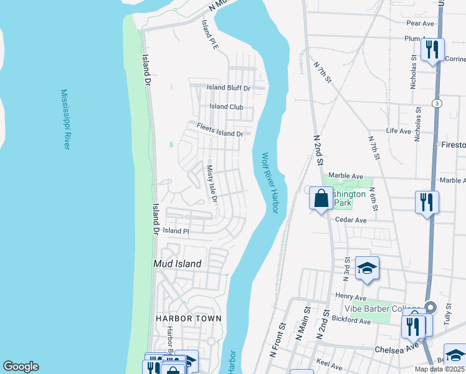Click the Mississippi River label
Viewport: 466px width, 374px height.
tap(65, 118)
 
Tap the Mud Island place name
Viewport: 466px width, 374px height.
tap(177, 264)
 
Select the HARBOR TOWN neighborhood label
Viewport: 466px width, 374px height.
tap(189, 318)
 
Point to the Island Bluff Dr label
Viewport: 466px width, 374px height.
tap(228, 88)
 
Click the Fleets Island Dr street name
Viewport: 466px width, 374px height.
tap(220, 130)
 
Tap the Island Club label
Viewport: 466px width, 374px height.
tap(226, 107)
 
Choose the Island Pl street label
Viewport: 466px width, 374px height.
tap(176, 231)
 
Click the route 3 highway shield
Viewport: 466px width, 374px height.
tap(438, 103)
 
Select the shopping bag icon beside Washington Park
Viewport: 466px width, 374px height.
tap(321, 199)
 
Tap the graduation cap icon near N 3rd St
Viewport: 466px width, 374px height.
tap(367, 269)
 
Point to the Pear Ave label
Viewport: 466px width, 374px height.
tap(419, 23)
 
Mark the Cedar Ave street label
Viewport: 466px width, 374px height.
tap(350, 220)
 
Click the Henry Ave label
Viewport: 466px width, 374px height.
tap(350, 296)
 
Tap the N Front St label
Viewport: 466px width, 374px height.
tap(278, 340)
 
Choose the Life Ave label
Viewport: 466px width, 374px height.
tap(399, 131)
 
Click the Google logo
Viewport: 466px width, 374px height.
tap(21, 367)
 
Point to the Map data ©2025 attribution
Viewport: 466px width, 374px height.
tap(439, 369)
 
